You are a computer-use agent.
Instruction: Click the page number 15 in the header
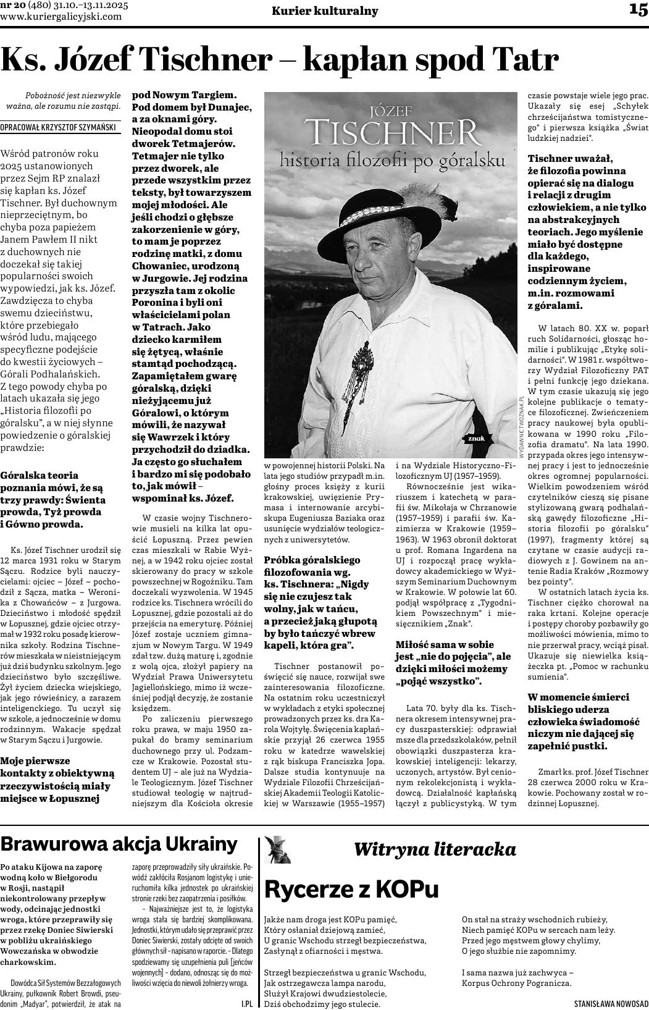[638, 10]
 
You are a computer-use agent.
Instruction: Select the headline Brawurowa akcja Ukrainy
[119, 844]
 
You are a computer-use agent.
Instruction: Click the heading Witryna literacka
[435, 849]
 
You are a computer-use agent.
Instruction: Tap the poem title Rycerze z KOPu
[351, 889]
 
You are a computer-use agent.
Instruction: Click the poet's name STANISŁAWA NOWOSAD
[611, 1004]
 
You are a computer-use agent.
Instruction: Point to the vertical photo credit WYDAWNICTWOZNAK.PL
[522, 426]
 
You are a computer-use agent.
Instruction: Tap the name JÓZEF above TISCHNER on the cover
[390, 111]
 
